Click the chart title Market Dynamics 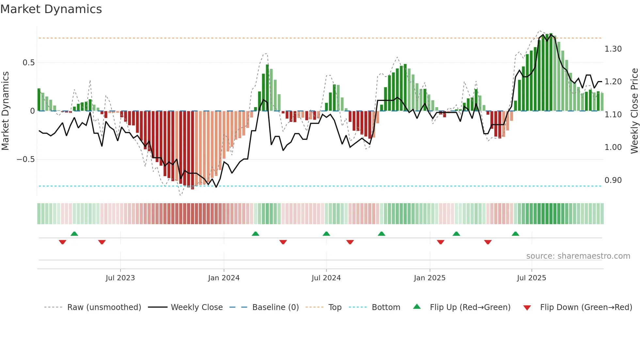pyautogui.click(x=51, y=9)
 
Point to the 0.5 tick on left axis pyautogui.click(x=28, y=62)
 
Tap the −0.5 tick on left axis pyautogui.click(x=25, y=159)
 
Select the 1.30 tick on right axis pyautogui.click(x=613, y=49)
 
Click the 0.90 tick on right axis pyautogui.click(x=613, y=180)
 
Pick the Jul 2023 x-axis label pyautogui.click(x=120, y=278)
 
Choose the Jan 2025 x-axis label pyautogui.click(x=429, y=278)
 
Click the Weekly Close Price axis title pyautogui.click(x=634, y=111)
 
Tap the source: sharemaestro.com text pyautogui.click(x=578, y=256)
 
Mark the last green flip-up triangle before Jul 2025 pyautogui.click(x=515, y=234)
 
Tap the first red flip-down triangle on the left pyautogui.click(x=62, y=242)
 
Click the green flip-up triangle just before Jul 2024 pyautogui.click(x=326, y=234)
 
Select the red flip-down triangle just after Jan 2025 pyautogui.click(x=440, y=242)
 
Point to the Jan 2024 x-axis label pyautogui.click(x=224, y=278)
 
